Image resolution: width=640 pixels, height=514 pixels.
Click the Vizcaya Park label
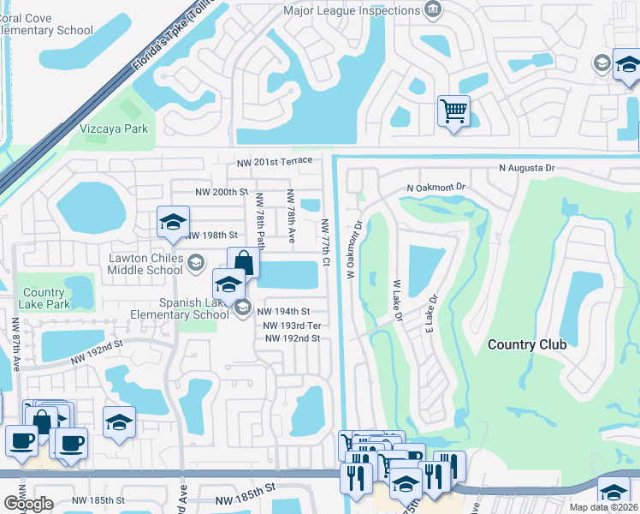point(114,128)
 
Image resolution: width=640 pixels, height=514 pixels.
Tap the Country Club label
point(527,344)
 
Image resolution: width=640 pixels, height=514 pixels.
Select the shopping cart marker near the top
point(453,111)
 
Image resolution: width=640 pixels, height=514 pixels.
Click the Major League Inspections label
point(352,10)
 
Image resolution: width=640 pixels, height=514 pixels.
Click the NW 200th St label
point(221,193)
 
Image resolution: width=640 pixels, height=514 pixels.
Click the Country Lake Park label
point(44,298)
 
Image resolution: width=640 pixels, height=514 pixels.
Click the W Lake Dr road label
point(397,300)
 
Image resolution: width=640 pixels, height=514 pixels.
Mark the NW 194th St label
point(282,312)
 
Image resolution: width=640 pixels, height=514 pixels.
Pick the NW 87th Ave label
point(15,344)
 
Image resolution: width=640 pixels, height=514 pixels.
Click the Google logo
point(28,503)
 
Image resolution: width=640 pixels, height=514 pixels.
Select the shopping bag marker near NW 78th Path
point(243,261)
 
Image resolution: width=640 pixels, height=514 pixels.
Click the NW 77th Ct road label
point(326,242)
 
